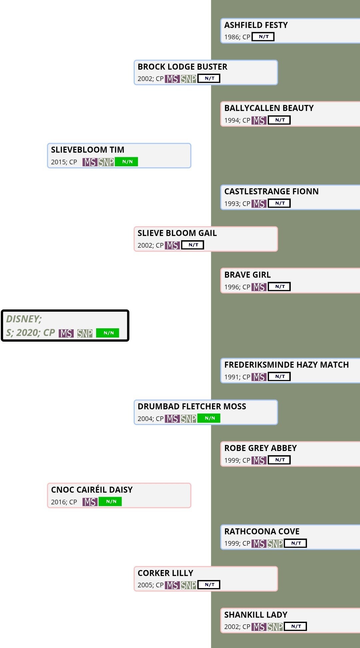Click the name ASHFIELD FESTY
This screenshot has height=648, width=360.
pos(256,25)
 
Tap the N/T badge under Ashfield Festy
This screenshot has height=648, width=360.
pos(263,37)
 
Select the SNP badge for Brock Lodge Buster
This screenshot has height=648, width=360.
pos(188,79)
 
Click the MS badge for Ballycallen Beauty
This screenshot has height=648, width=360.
pos(259,120)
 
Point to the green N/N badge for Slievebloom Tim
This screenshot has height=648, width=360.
pos(126,162)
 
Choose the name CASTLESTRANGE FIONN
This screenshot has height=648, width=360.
pos(271,191)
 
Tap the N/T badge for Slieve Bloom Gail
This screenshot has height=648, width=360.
pos(193,245)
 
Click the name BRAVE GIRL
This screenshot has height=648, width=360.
pos(247,275)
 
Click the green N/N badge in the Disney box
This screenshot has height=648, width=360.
pos(108,333)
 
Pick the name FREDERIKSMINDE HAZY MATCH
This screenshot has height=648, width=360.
pos(286,365)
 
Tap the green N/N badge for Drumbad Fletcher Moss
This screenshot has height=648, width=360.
pos(209,418)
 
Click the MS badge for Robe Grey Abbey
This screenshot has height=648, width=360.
pos(259,460)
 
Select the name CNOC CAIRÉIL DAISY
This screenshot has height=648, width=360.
pos(92,490)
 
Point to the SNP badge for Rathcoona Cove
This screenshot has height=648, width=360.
pos(275,544)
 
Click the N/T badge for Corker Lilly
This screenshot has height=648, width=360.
pos(209,585)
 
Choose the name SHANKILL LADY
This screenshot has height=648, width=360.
pos(256,615)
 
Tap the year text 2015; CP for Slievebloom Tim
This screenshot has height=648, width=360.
pos(64,162)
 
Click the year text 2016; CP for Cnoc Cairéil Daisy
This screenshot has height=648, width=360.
pos(64,502)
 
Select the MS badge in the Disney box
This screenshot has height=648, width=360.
pos(66,333)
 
